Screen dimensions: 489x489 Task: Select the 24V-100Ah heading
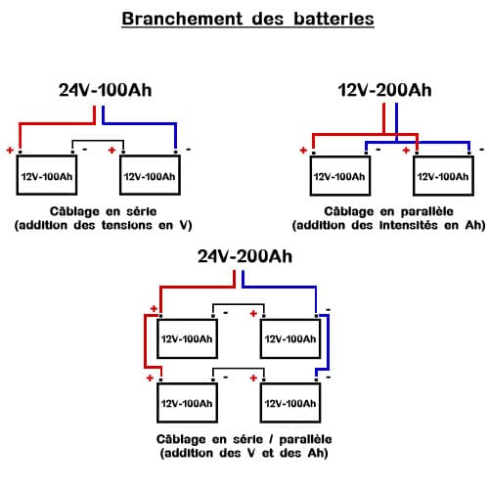pyautogui.click(x=106, y=92)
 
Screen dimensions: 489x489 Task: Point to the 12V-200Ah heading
pyautogui.click(x=384, y=90)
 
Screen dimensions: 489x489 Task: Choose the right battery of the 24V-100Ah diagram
pyautogui.click(x=150, y=176)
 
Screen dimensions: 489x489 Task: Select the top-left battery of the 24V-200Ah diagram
pyautogui.click(x=188, y=339)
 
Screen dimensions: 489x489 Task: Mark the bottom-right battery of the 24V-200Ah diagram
pyautogui.click(x=290, y=402)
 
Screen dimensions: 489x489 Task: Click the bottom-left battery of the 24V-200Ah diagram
pyautogui.click(x=188, y=402)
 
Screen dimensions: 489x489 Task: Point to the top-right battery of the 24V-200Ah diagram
pyautogui.click(x=290, y=339)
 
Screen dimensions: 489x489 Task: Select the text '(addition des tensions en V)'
pyautogui.click(x=102, y=226)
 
